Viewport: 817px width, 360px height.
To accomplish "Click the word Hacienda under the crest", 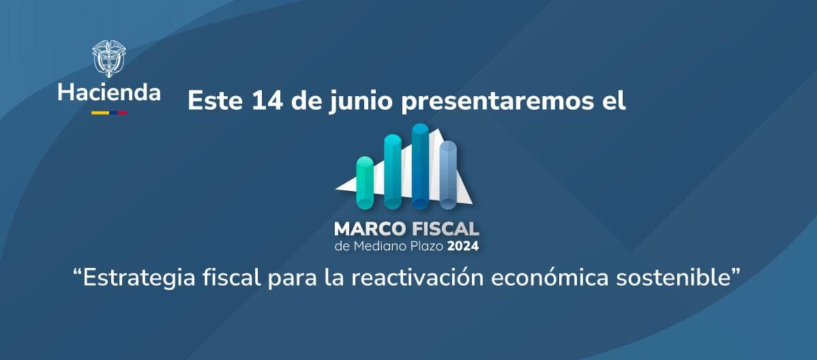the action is tap(109, 93).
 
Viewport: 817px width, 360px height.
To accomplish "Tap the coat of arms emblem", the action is tap(109, 58).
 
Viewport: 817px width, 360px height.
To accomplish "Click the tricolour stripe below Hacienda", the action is tap(109, 112).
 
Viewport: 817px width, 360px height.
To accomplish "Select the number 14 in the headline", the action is tap(267, 100).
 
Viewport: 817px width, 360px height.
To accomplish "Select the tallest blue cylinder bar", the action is tap(420, 166).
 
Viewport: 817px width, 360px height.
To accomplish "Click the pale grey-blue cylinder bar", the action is tap(448, 175).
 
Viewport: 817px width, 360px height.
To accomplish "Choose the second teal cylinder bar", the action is tap(392, 171).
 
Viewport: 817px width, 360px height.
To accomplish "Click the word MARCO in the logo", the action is tap(368, 228).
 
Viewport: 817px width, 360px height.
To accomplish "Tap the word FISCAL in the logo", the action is tap(442, 228).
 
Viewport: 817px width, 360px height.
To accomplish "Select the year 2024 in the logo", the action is tap(462, 246).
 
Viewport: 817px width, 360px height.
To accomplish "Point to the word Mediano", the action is tap(374, 246).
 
